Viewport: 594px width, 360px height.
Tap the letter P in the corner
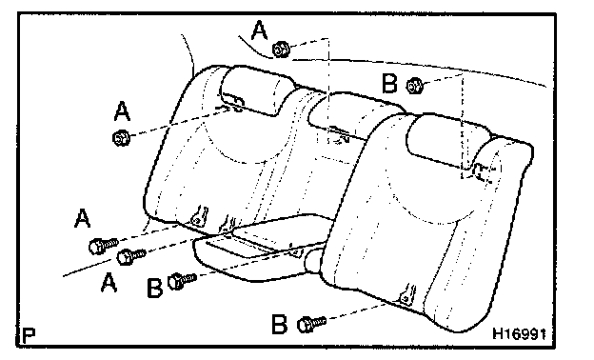click(29, 335)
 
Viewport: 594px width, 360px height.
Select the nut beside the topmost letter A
click(281, 49)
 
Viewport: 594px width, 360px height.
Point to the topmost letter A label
click(258, 30)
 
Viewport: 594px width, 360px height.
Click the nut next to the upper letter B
click(414, 85)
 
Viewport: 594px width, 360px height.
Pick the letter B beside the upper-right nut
click(389, 84)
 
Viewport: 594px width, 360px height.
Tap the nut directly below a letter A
click(121, 138)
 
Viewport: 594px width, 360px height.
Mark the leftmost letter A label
click(84, 221)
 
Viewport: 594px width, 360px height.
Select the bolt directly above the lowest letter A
click(130, 255)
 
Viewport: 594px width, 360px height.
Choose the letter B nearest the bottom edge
click(279, 325)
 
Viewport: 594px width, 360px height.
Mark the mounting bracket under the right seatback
click(406, 296)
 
